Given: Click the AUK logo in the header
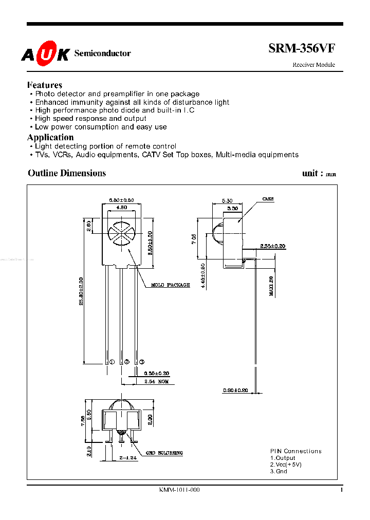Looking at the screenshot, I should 45,53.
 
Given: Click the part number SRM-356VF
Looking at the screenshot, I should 301,49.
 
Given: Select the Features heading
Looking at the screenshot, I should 45,85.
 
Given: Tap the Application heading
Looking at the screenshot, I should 50,137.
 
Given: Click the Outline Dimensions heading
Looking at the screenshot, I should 67,173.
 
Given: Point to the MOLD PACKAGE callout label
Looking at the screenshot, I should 171,285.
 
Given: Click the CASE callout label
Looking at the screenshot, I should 268,199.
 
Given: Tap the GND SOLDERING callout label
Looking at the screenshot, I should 164,453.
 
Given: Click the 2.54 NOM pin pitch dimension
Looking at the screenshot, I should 157,382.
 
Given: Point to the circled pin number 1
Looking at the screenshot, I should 112,362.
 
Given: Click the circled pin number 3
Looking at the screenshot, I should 142,362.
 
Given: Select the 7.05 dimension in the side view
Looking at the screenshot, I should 194,239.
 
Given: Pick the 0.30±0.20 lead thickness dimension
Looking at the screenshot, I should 236,391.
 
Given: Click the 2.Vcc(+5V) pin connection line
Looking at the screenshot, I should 286,465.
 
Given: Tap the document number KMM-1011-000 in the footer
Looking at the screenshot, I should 179,490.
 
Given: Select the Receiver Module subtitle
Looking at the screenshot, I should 313,65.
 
